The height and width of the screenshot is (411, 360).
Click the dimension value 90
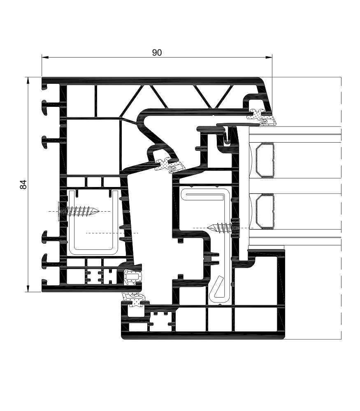point(157,53)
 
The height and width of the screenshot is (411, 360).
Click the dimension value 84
point(23,184)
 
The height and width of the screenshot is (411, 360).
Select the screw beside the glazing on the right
point(223,228)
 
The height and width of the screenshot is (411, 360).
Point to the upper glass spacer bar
point(265,160)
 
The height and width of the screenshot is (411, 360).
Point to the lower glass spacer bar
point(265,211)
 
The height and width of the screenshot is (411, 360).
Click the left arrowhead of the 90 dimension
point(44,57)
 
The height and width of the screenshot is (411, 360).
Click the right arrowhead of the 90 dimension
point(269,57)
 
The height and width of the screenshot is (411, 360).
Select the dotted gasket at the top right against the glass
point(262,117)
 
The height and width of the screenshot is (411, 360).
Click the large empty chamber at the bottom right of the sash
point(256,280)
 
